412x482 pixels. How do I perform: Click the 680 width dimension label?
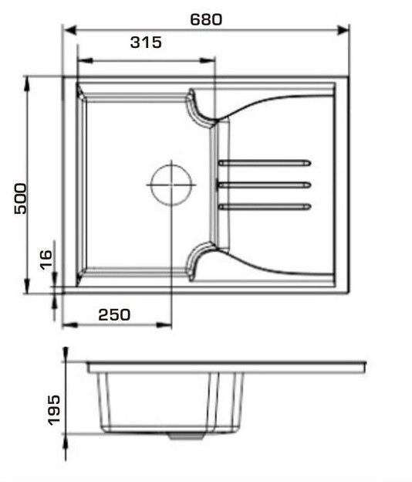tap(206, 19)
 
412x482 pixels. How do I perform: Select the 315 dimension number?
tap(146, 42)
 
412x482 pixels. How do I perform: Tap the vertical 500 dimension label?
tap(21, 199)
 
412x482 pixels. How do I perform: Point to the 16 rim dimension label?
tap(46, 260)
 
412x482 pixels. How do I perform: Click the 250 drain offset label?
tap(114, 315)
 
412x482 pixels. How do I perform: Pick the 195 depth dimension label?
tap(54, 410)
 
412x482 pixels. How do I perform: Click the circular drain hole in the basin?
tap(171, 185)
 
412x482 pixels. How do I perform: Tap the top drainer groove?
tap(265, 163)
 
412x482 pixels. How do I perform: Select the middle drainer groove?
tap(265, 185)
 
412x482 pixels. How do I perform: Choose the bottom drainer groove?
tap(265, 207)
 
